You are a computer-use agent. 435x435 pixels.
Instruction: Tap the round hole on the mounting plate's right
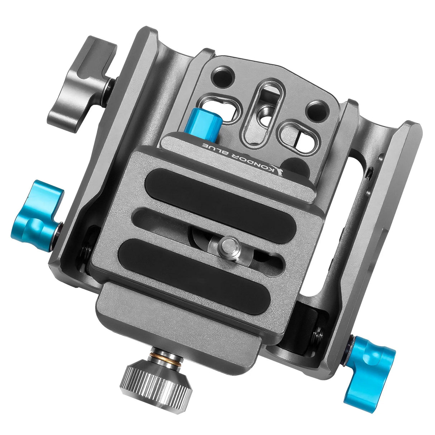316,108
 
